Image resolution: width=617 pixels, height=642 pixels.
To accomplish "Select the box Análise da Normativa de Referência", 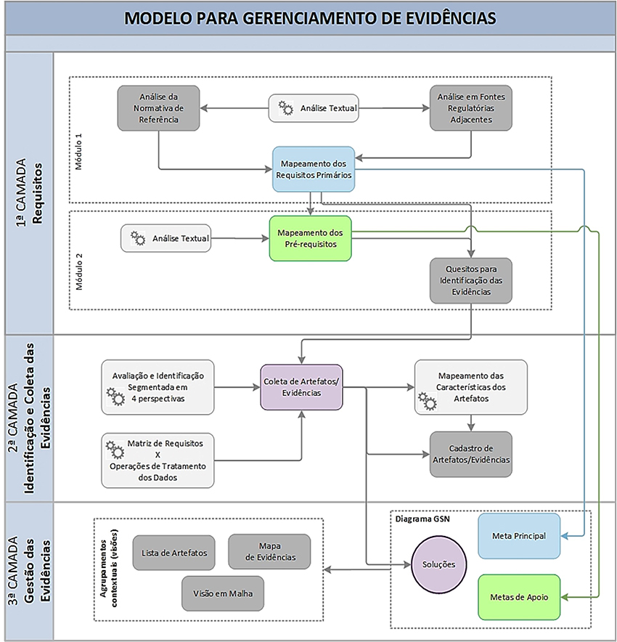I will (158, 108).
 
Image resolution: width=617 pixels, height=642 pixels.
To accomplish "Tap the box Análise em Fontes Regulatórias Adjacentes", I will (470, 108).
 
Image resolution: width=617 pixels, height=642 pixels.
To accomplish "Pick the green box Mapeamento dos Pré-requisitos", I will (310, 238).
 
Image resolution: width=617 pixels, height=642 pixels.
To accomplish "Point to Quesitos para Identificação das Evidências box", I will (470, 280).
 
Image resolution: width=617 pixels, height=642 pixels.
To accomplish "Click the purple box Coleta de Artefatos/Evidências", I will (302, 387).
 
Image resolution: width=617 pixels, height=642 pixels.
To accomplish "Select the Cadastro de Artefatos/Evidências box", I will (470, 454).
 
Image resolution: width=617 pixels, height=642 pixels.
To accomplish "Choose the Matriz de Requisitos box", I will (158, 460).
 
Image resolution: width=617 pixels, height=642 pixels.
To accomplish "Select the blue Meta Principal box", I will (519, 536).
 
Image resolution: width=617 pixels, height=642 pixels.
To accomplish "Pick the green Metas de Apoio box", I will (519, 597).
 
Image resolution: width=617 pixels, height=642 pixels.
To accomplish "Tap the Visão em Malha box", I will (223, 593).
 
